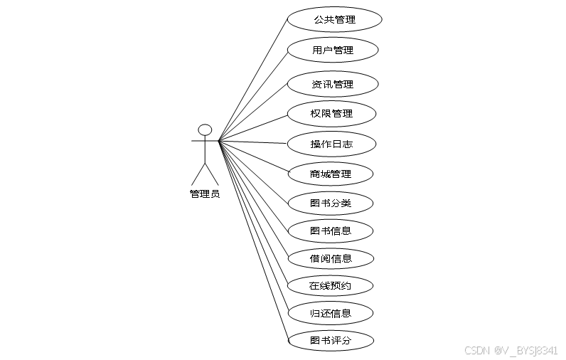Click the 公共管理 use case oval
[334, 20]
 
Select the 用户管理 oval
[332, 51]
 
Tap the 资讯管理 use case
[332, 84]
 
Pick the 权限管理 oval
[331, 114]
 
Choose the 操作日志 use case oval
[331, 144]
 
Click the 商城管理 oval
[331, 174]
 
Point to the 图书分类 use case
[331, 203]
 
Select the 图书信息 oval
[331, 231]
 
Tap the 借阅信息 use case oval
[331, 258]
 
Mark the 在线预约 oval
[331, 286]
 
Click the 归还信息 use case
[331, 313]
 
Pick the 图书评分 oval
[331, 341]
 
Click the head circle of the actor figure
[205, 129]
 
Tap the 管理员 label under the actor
[205, 194]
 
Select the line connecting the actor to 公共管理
[253, 79]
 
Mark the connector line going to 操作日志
[252, 142]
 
